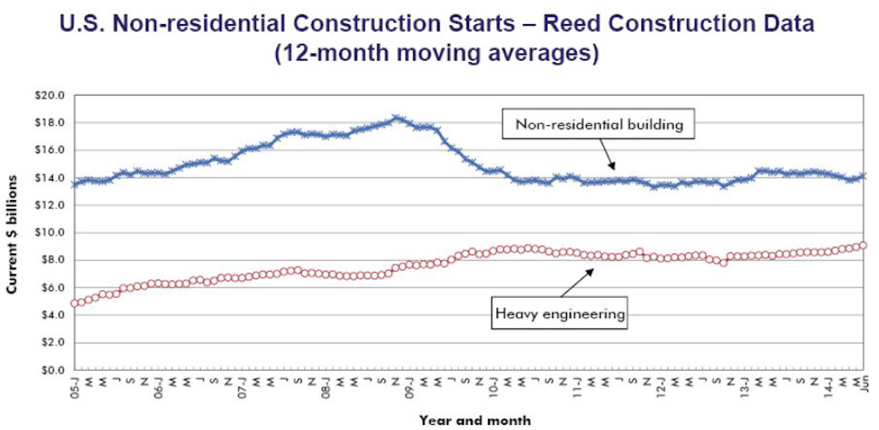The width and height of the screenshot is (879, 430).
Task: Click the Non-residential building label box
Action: point(598,125)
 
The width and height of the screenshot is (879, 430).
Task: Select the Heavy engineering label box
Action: point(560,314)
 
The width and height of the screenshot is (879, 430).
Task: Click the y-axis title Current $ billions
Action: point(13,234)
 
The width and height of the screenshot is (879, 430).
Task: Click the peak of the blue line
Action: point(396,118)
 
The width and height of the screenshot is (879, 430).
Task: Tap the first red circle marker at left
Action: point(74,303)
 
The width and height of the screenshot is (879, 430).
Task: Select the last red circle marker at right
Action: point(863,245)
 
